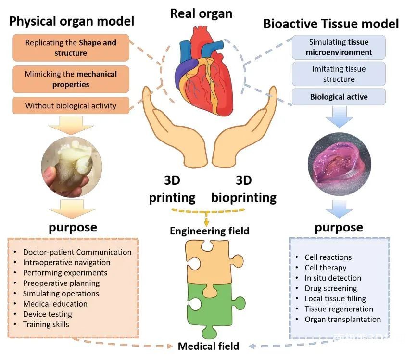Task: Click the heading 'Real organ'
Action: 201,13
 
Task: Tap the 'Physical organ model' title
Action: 72,21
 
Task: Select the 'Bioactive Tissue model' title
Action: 331,24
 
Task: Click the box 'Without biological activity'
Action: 71,106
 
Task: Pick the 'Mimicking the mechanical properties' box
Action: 71,79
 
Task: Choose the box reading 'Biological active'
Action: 339,97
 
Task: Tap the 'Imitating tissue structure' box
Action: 339,74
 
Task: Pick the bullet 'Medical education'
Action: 55,304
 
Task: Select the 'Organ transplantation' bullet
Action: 342,319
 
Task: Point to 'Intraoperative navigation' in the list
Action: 66,262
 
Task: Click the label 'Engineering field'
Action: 210,231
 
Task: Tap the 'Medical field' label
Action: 208,346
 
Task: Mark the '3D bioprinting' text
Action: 244,189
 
